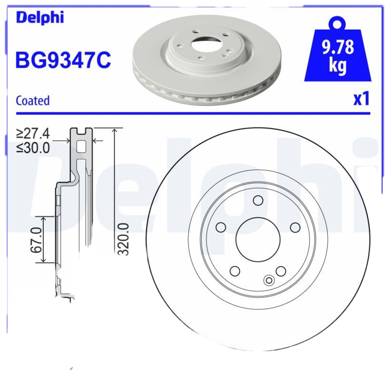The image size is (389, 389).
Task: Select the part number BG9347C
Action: [64, 61]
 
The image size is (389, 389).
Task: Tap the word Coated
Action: [33, 101]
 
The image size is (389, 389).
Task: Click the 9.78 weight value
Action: [337, 48]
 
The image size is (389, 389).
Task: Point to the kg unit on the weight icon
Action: [337, 66]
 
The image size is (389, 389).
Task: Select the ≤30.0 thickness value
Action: [33, 148]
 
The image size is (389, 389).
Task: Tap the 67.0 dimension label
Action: [35, 240]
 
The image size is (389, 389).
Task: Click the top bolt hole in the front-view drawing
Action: [258, 200]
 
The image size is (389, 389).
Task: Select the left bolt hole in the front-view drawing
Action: [220, 228]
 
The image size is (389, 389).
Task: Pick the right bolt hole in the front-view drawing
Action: [295, 228]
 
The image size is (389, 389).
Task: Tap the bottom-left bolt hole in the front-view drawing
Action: [235, 271]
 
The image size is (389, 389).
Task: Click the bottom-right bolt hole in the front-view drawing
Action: [281, 271]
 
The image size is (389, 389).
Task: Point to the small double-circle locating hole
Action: [268, 280]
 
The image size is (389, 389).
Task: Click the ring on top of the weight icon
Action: [337, 22]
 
